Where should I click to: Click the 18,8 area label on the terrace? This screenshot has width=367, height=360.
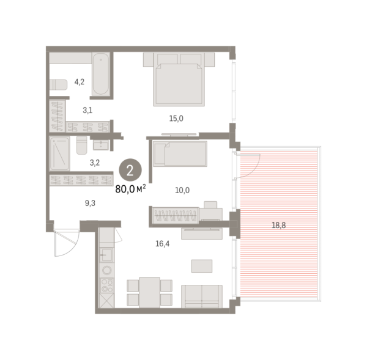tap(278, 226)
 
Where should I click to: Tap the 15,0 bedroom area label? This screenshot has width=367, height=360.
tap(176, 119)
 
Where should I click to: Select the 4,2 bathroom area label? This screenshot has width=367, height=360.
tap(80, 82)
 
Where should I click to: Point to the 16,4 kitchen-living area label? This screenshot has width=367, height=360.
tap(163, 244)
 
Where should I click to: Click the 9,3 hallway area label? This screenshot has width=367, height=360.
tap(90, 204)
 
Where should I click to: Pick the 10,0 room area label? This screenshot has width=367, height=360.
tap(182, 190)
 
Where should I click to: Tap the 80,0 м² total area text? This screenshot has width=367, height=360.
tap(130, 189)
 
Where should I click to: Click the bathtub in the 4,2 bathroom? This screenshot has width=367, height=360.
tap(101, 74)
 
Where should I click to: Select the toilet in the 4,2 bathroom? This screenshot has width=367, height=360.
tap(58, 85)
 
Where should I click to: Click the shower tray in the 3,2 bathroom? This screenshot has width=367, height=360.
tap(59, 153)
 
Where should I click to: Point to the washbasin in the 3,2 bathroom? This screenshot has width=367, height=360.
tap(101, 145)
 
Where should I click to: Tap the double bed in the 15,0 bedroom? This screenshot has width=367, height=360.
tap(179, 79)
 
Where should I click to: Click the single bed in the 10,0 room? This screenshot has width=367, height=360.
tap(180, 153)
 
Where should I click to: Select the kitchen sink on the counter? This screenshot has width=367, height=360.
tap(106, 255)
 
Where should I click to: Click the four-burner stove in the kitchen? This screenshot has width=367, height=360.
tap(107, 285)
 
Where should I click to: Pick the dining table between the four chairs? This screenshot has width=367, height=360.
tap(150, 292)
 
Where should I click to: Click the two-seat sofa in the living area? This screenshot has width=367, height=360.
tap(202, 296)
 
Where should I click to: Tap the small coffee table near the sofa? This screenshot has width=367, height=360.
tap(202, 266)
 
